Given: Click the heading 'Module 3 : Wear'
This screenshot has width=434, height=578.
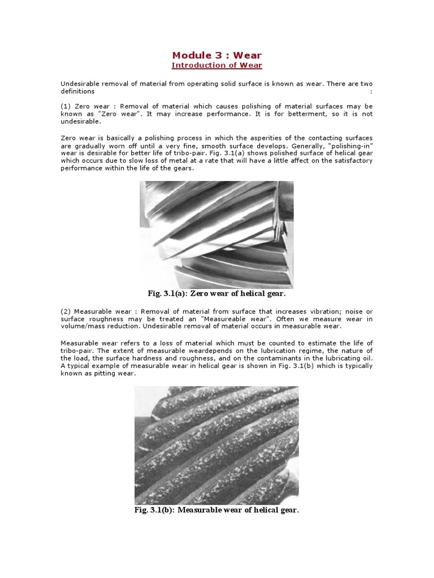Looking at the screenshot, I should coord(217,55).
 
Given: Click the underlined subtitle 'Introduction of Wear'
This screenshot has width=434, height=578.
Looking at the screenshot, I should coord(217,65).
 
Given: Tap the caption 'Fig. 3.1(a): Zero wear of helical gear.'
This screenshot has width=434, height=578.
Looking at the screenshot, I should coord(217,294).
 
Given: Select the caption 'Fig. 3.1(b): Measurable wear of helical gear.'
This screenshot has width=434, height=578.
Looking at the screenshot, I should coord(216,510).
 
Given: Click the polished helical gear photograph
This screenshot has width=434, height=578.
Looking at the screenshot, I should coord(216,234).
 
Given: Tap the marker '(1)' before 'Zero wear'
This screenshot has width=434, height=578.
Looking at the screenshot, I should coord(66,107).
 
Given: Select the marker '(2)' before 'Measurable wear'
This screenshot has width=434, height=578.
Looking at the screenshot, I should coord(66,312).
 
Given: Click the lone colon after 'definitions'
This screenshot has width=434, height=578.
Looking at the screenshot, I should coord(371,91).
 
